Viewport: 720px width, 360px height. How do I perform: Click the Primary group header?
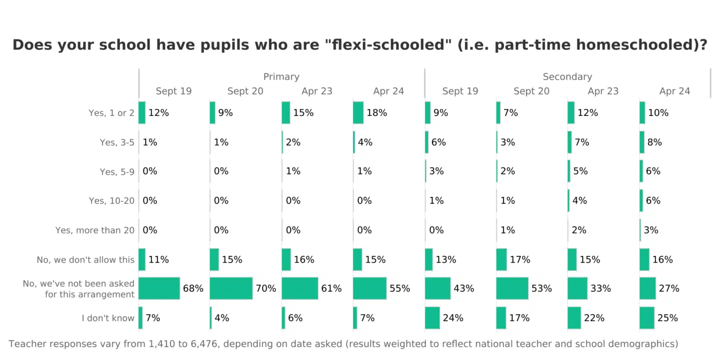coord(281,76)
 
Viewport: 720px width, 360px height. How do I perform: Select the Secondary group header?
coord(567,76)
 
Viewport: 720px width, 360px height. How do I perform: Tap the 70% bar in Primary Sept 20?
coord(231,288)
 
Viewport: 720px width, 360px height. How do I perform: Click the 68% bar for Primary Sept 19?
coord(159,288)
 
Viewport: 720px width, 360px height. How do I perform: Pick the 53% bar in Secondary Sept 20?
coord(512,288)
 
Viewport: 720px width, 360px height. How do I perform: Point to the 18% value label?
coord(376,113)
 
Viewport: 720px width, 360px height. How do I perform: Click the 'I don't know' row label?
coord(108,318)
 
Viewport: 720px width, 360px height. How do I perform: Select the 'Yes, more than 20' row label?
coord(95,230)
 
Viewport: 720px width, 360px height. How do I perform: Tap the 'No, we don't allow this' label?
coord(85,260)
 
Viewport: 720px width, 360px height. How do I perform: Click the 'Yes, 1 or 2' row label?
coord(111,113)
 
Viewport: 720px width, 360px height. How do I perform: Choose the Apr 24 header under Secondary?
coord(674,91)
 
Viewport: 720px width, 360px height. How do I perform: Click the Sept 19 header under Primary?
coord(173,91)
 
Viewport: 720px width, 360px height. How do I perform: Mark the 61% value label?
coord(331,288)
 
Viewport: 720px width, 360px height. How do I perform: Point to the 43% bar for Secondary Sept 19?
coord(437,288)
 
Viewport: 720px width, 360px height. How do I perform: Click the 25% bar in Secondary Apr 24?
coord(647,318)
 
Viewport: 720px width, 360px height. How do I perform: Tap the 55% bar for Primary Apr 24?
coord(369,288)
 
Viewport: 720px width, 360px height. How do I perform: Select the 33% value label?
coord(600,288)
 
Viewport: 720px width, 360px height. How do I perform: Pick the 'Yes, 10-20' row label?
coord(111,201)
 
